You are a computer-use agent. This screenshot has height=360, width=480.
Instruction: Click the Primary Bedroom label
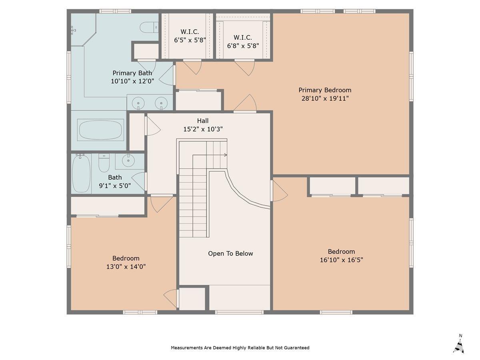pos(325,90)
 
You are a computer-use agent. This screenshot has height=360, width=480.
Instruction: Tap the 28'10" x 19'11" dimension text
pos(325,98)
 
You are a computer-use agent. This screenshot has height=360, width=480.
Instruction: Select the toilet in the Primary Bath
pos(149,28)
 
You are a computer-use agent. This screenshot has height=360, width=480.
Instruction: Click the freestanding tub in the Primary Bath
pos(100,130)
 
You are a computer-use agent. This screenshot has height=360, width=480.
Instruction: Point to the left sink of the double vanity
pos(138,103)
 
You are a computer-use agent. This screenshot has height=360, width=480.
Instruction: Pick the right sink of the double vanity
pos(161,103)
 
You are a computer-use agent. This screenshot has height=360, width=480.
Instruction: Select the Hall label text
pos(203,121)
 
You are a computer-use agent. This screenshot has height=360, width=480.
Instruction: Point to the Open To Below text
pos(230,254)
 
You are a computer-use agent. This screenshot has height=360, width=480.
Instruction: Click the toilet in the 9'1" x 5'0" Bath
pos(104,163)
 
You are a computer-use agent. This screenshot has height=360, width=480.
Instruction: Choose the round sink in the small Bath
pos(128,160)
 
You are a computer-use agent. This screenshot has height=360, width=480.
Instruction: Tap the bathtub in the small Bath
pos(81,174)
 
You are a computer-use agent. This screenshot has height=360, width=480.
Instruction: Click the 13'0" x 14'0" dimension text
pos(126,267)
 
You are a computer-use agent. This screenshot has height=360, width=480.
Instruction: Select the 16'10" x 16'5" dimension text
pos(341,260)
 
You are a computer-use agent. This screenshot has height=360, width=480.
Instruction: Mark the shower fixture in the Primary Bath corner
pos(73,30)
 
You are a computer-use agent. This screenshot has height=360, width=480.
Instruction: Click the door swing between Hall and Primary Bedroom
pos(245,103)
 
